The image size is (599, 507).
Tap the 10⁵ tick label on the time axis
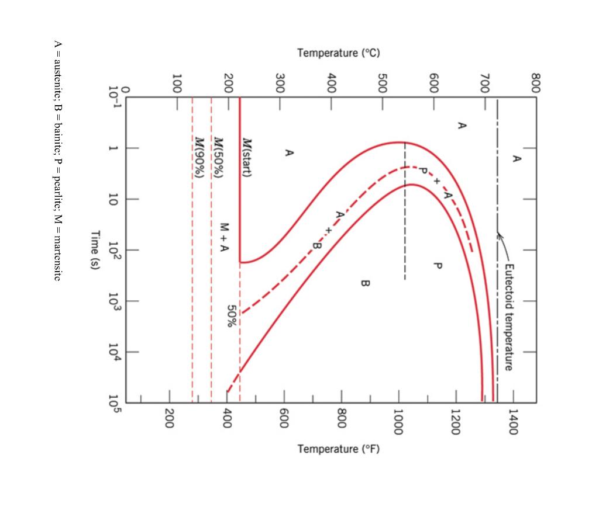[x=115, y=402]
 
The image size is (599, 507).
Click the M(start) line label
[x=247, y=159]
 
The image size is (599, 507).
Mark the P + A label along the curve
[x=435, y=182]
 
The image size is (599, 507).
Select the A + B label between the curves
[x=327, y=230]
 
